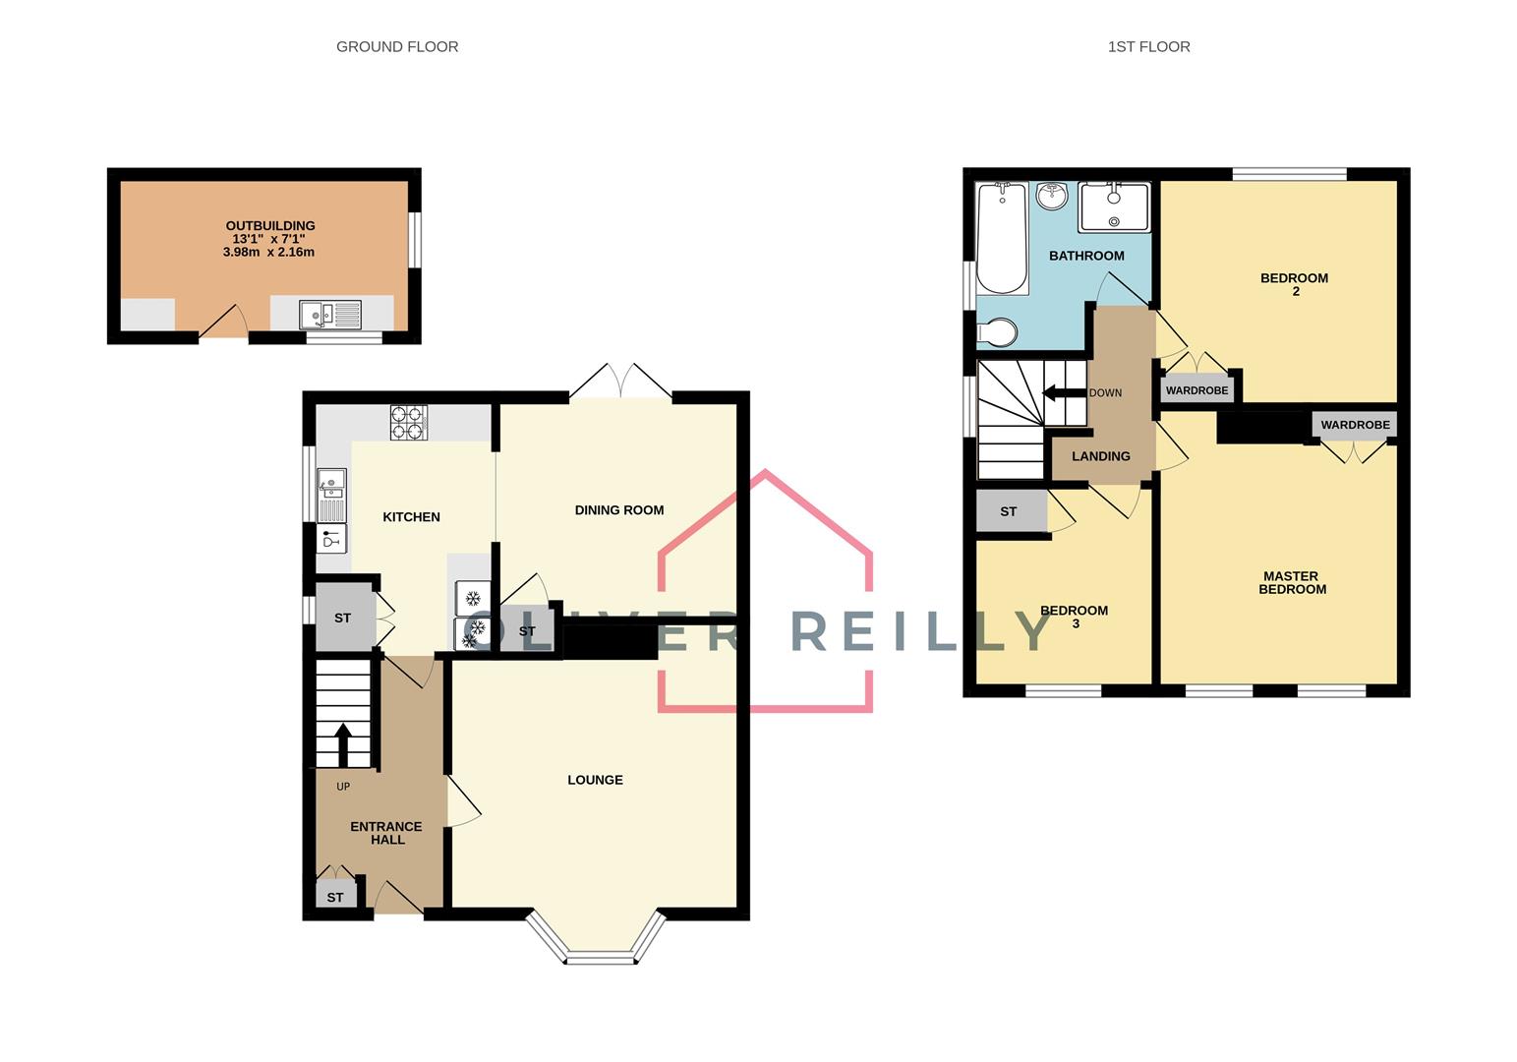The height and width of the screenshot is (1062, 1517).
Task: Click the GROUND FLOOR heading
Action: pos(396,46)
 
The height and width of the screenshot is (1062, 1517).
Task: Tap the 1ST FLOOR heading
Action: pos(1148,46)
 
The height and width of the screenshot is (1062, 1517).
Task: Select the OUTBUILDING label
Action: pos(269,226)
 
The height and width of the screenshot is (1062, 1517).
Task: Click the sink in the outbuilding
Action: pos(330,314)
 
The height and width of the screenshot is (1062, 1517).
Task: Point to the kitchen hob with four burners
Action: pos(409,422)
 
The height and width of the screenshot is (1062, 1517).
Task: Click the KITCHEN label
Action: pos(411,517)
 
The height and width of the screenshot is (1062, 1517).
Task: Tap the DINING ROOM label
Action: pos(618,509)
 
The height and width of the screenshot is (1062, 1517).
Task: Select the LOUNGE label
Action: pos(595,780)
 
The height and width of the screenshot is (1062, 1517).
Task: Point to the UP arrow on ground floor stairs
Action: pos(343,744)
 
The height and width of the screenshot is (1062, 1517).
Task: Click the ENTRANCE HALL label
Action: pos(386,833)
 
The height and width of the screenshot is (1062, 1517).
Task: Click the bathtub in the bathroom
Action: pos(1002,238)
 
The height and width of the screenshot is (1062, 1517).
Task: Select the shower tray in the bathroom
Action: pos(1113,206)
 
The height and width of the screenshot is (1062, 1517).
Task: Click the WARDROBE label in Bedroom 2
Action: pos(1196,390)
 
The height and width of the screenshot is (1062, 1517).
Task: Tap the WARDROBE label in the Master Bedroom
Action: pos(1355,425)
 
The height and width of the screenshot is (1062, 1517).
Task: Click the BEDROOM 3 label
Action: pos(1074,617)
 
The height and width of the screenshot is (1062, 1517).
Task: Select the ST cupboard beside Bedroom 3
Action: pos(1009,511)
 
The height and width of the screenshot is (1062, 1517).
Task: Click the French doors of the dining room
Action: pos(620,383)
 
